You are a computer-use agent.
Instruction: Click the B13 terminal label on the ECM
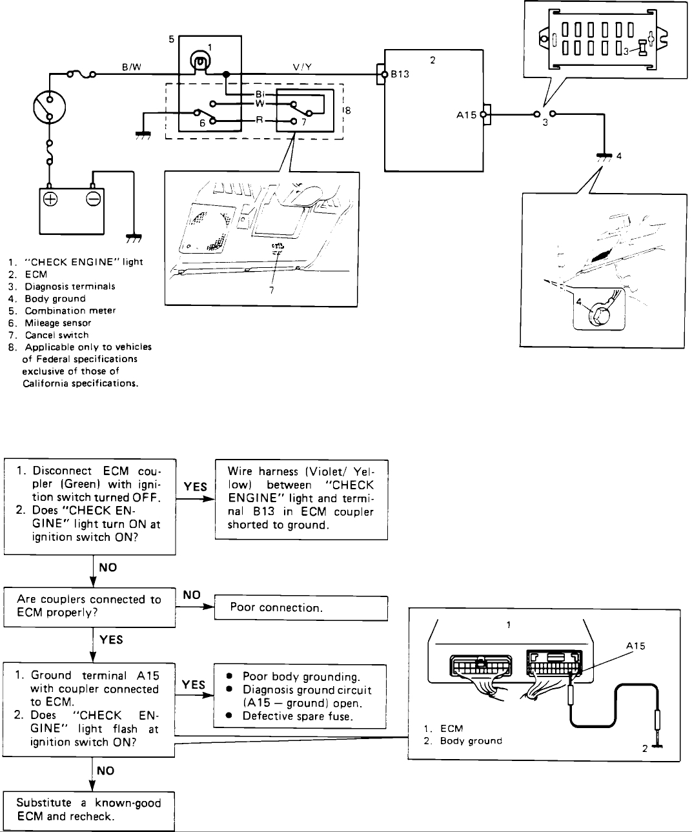pyautogui.click(x=400, y=74)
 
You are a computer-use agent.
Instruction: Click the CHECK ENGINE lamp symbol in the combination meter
pyautogui.click(x=200, y=63)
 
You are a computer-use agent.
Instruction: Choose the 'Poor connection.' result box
pyautogui.click(x=300, y=607)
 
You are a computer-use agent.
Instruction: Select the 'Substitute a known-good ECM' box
pyautogui.click(x=89, y=809)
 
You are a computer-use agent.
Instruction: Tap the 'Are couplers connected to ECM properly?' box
pyautogui.click(x=90, y=605)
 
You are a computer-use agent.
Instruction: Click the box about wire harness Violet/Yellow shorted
pyautogui.click(x=301, y=498)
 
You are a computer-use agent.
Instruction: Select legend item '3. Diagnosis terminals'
pyautogui.click(x=62, y=287)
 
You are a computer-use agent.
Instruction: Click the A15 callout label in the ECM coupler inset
pyautogui.click(x=635, y=644)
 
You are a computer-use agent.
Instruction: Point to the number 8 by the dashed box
pyautogui.click(x=347, y=110)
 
